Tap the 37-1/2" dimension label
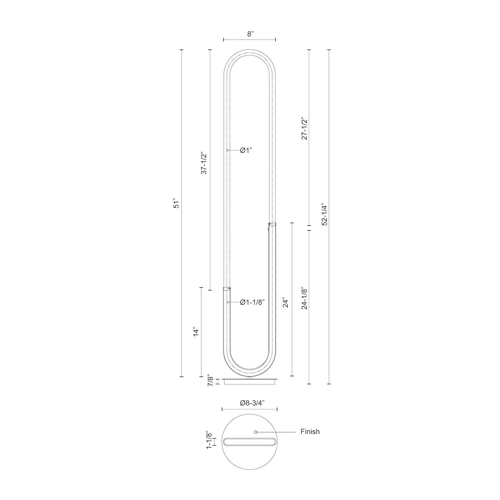pyautogui.click(x=204, y=163)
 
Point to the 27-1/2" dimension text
pyautogui.click(x=304, y=128)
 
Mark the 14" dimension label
pyautogui.click(x=196, y=332)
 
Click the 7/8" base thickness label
pyautogui.click(x=210, y=381)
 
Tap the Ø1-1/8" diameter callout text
pyautogui.click(x=252, y=302)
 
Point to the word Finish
pyautogui.click(x=310, y=432)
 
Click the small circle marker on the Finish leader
pyautogui.click(x=256, y=432)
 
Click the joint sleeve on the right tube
pyautogui.click(x=273, y=225)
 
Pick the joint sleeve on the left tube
pyautogui.click(x=227, y=289)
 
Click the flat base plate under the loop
pyautogui.click(x=250, y=381)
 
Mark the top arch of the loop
pyautogui.click(x=250, y=52)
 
